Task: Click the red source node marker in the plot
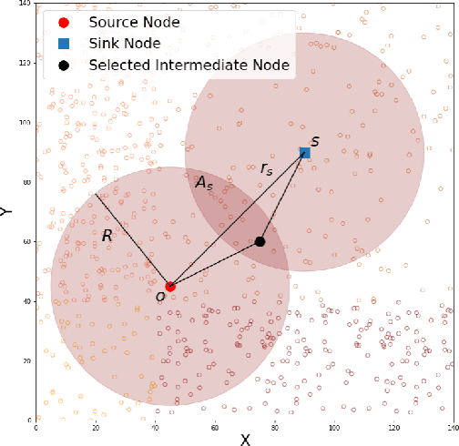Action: [170, 286]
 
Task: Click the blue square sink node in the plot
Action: [305, 153]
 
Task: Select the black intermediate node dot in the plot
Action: [260, 241]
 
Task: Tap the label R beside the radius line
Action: [107, 236]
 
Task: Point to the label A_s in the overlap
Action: [204, 182]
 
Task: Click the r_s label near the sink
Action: [266, 168]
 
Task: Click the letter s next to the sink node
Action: [315, 141]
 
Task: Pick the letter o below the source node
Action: [160, 296]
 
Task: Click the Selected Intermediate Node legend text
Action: [189, 65]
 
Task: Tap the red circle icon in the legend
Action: [63, 23]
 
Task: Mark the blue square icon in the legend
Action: [63, 44]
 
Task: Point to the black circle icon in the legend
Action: [63, 65]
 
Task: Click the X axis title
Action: [245, 440]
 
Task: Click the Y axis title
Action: [6, 211]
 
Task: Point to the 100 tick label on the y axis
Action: [25, 123]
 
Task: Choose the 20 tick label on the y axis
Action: [27, 360]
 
